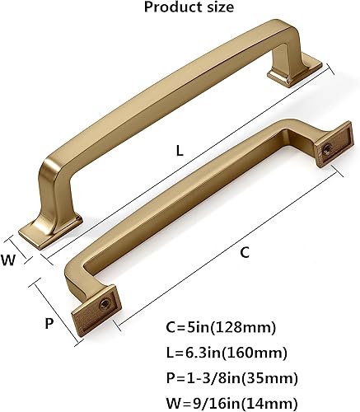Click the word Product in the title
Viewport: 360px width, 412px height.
[168, 8]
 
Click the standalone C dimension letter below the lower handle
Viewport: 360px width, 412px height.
[245, 254]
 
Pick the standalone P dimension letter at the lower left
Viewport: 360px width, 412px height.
[49, 323]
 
